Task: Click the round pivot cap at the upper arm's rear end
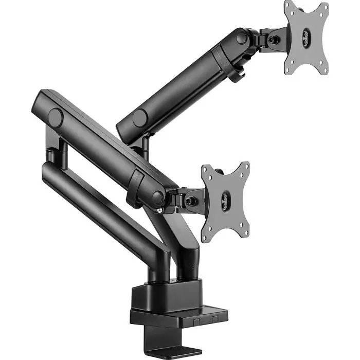[x=139, y=117]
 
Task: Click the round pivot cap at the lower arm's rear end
[x=55, y=118]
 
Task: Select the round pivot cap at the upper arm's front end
[x=241, y=38]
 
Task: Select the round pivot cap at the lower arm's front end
[x=158, y=197]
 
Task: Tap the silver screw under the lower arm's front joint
[x=160, y=210]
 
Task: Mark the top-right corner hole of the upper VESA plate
[x=324, y=8]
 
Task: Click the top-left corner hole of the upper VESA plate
[x=289, y=9]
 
